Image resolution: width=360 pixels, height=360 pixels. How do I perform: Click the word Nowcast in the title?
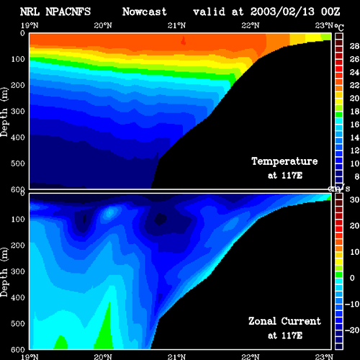[x=144, y=12]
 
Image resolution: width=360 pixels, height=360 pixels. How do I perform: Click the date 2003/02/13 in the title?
[x=282, y=12]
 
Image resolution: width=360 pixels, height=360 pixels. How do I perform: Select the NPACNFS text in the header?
[x=68, y=12]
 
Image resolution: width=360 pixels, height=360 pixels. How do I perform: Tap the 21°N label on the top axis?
[x=176, y=25]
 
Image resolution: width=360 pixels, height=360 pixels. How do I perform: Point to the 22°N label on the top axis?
[x=251, y=25]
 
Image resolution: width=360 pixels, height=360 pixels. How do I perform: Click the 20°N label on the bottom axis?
[x=103, y=357]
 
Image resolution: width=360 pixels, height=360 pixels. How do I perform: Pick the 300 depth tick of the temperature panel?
[x=18, y=111]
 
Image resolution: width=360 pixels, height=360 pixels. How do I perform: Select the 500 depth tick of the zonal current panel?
[x=18, y=323]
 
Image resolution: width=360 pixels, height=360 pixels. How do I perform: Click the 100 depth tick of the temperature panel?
[x=18, y=59]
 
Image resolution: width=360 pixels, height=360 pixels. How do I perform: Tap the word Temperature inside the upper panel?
[x=284, y=161]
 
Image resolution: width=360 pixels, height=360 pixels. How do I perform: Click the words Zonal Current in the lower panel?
[x=284, y=321]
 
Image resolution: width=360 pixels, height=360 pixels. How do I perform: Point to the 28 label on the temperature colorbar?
[x=354, y=46]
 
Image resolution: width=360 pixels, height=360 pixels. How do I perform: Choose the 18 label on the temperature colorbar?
[x=354, y=112]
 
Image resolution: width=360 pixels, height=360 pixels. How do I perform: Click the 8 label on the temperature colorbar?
[x=356, y=176]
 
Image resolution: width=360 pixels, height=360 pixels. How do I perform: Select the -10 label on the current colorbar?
[x=352, y=304]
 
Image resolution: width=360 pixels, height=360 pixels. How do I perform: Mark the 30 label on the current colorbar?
[x=354, y=199]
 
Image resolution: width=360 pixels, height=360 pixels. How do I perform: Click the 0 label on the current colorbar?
[x=352, y=278]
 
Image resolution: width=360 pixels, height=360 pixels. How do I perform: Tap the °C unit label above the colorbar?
[x=339, y=27]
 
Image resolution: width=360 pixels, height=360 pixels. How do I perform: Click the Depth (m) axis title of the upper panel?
[x=4, y=112]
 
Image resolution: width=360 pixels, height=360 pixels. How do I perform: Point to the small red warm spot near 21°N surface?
[x=184, y=41]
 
